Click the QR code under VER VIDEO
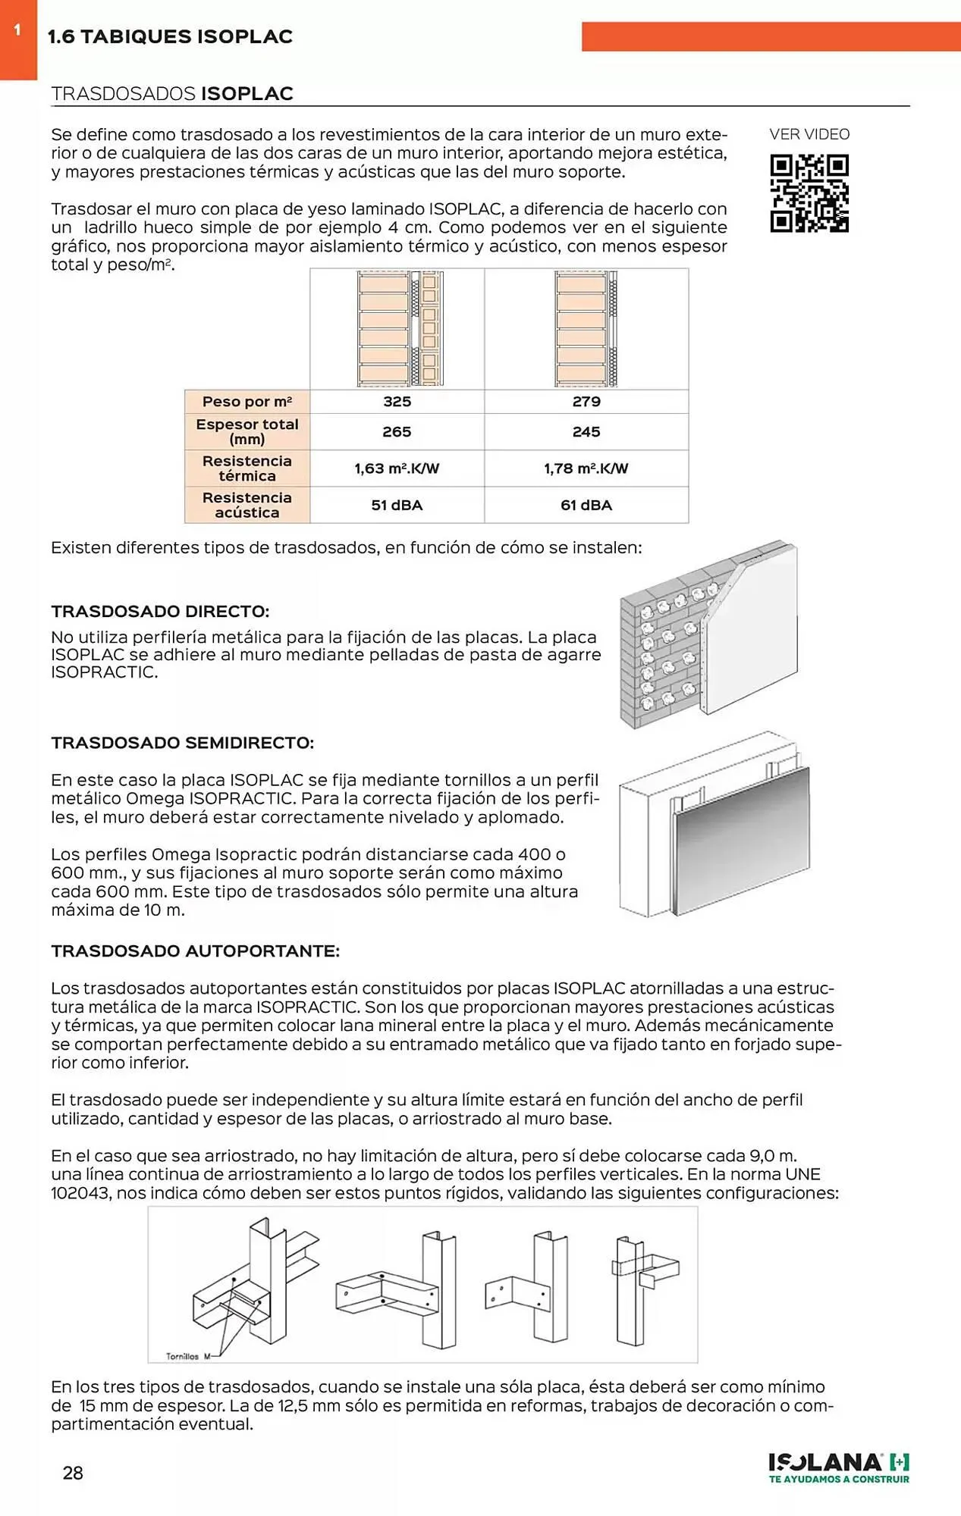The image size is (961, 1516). (809, 193)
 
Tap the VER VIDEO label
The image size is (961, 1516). (809, 134)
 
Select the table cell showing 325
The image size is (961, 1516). (397, 402)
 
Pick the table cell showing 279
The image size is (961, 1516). (586, 402)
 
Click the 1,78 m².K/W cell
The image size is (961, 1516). (586, 468)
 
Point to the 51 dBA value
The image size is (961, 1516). (397, 505)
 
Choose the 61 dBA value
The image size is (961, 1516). (586, 505)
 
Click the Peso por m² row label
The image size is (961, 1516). (247, 402)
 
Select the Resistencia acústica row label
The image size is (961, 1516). (247, 505)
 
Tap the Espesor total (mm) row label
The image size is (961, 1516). (247, 431)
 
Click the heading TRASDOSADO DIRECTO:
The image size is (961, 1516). (160, 611)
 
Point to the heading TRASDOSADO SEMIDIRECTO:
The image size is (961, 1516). (182, 743)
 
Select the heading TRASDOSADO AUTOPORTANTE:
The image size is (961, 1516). (195, 951)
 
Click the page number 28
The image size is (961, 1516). (73, 1473)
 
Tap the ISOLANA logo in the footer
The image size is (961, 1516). (838, 1467)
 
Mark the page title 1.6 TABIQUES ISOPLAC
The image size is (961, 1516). (170, 36)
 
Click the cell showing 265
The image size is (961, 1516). (397, 431)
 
